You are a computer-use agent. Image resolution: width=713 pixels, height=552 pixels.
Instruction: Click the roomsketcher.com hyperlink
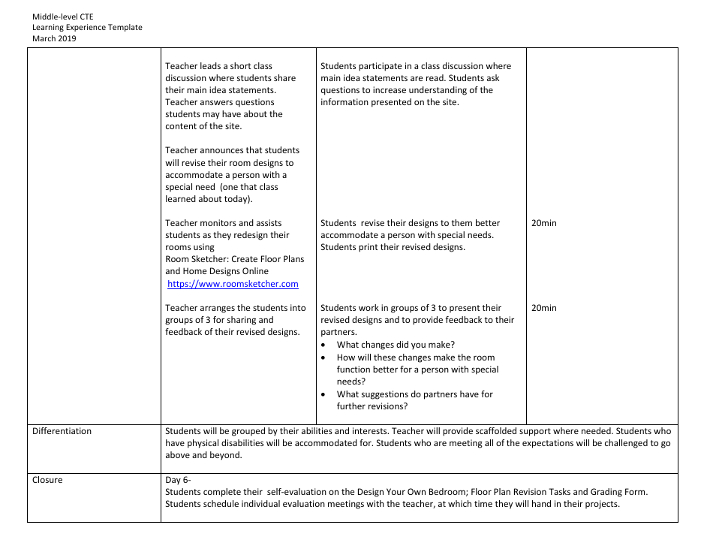pos(233,284)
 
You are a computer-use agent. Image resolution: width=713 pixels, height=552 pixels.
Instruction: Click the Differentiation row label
pos(62,431)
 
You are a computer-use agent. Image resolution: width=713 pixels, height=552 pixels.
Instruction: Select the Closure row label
pos(47,480)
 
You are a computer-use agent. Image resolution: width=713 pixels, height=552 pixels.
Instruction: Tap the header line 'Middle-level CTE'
pos(63,17)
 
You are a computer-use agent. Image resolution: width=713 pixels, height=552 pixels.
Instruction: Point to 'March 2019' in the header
pos(54,38)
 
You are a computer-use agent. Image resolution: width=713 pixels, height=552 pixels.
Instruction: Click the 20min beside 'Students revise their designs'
pos(543,223)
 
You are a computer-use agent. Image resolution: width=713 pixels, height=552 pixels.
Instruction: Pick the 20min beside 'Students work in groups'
pos(543,308)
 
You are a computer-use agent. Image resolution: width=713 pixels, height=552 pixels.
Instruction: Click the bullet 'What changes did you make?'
pos(396,345)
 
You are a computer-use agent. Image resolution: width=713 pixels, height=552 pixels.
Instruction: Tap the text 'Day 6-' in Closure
pos(179,480)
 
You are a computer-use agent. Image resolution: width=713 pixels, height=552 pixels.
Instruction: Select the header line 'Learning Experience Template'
pos(87,28)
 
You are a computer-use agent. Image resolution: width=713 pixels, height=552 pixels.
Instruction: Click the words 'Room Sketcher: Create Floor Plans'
pos(235,259)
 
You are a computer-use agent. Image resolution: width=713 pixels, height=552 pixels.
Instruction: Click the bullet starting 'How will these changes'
pos(416,357)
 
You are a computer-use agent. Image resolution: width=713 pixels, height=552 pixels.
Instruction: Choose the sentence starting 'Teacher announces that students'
pos(232,150)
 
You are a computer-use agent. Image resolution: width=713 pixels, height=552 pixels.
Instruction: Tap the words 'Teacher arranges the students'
pos(236,308)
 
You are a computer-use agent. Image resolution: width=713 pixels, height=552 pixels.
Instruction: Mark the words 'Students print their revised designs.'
pos(393,247)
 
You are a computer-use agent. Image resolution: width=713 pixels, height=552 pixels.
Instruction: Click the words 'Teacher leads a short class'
pos(218,66)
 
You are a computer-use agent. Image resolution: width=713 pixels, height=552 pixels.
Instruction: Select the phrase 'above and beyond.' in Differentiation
pos(203,455)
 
